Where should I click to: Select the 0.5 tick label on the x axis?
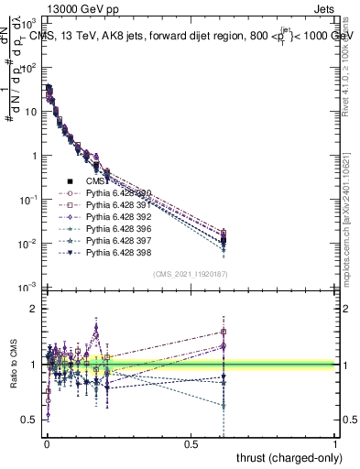pos(191,444)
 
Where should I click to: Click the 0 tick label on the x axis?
pos(47,444)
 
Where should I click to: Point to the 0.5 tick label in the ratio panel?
pos(29,420)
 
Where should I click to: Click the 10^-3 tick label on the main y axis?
pos(27,288)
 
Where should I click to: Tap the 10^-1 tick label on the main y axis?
pos(27,200)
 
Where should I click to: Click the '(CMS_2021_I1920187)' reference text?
pos(191,274)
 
